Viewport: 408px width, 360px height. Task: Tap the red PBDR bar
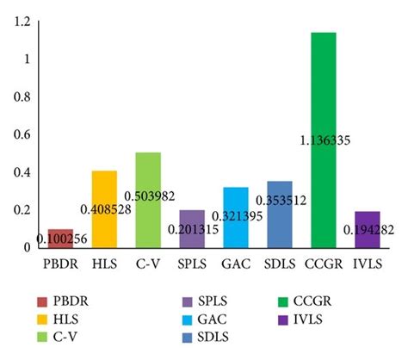tap(60, 239)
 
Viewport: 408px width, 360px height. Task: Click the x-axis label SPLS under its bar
tap(193, 262)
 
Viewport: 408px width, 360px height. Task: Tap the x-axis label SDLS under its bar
tap(280, 262)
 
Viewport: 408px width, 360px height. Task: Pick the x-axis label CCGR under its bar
tap(324, 262)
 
